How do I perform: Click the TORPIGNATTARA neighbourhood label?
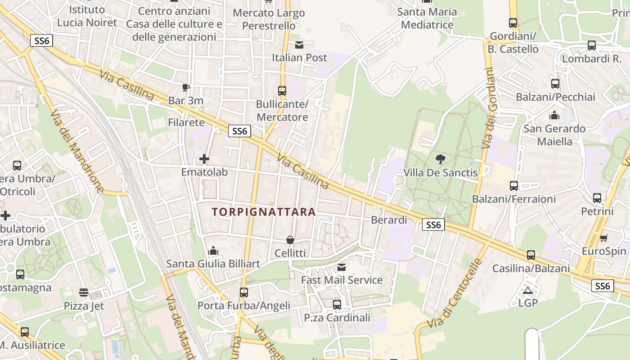click(264, 211)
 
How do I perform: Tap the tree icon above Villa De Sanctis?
click(441, 158)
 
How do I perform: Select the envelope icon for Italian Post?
click(299, 45)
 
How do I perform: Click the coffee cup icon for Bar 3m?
click(186, 87)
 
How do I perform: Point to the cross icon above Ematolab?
click(204, 159)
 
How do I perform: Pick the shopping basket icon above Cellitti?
click(290, 240)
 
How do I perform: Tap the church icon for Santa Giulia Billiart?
click(213, 250)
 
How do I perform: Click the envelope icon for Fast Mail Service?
click(342, 267)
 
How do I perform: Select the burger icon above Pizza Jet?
click(84, 292)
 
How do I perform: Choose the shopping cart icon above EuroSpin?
click(604, 238)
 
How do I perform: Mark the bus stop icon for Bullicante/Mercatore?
click(282, 91)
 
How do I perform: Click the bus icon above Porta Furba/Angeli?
click(244, 292)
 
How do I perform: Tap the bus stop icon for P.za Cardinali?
click(337, 305)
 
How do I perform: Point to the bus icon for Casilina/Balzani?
click(531, 255)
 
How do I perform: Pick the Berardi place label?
click(389, 220)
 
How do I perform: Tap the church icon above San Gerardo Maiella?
click(554, 115)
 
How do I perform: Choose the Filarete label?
click(186, 122)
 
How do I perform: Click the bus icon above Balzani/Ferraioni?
click(514, 185)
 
